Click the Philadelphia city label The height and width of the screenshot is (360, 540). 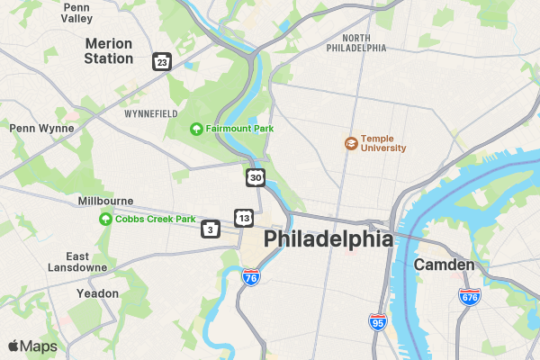click(x=328, y=240)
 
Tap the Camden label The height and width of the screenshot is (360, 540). click(x=444, y=265)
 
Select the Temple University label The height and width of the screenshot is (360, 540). click(x=382, y=143)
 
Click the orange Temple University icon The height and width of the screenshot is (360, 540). click(x=351, y=143)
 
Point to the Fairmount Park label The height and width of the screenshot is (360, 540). click(x=239, y=129)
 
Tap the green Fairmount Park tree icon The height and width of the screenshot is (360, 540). click(x=196, y=129)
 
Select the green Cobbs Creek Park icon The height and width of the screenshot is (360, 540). click(x=105, y=219)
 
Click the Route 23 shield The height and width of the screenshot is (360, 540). click(x=161, y=61)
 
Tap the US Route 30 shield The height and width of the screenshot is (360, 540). click(x=256, y=178)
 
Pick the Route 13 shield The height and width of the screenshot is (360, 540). click(x=244, y=218)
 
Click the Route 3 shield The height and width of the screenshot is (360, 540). click(x=210, y=229)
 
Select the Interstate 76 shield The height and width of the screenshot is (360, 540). click(x=251, y=277)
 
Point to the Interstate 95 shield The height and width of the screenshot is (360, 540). click(x=378, y=322)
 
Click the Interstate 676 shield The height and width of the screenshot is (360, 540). click(x=468, y=297)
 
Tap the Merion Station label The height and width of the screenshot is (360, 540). click(x=109, y=51)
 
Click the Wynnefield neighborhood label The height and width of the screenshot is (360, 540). click(x=150, y=115)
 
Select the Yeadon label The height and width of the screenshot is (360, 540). click(x=97, y=293)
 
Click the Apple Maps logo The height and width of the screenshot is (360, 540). click(x=32, y=346)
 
